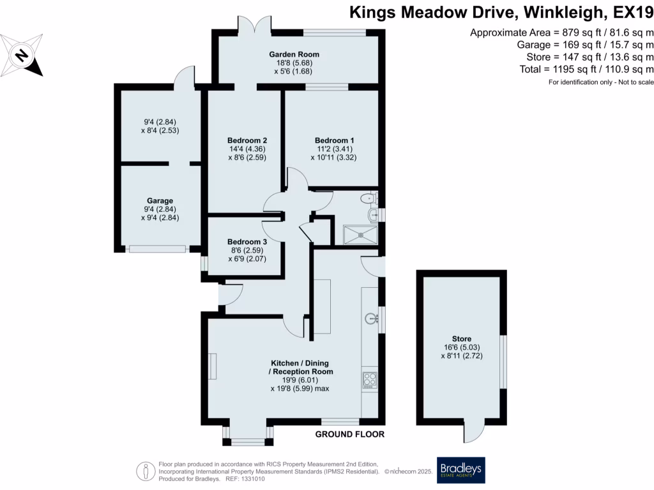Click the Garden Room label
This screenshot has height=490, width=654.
(x=294, y=54)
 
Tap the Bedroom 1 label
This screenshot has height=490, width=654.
(x=334, y=140)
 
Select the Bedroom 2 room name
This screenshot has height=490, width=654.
(x=247, y=140)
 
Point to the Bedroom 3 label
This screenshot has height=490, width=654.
(x=247, y=242)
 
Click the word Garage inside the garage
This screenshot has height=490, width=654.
(x=160, y=201)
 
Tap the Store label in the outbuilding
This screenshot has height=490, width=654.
(x=462, y=339)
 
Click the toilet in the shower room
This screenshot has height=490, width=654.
(x=367, y=198)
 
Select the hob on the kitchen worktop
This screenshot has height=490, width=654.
(x=370, y=380)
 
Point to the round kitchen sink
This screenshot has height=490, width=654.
(x=371, y=319)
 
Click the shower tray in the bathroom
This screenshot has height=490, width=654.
(x=360, y=235)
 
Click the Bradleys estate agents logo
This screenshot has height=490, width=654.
(x=461, y=470)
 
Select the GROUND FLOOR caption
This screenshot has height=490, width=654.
(x=350, y=434)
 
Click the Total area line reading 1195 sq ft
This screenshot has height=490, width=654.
(x=586, y=69)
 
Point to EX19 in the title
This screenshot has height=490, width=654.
(x=633, y=13)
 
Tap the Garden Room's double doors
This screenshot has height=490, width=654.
(x=254, y=24)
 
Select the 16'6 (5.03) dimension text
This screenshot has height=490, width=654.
(x=462, y=348)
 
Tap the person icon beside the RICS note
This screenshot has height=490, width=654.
(x=146, y=471)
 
